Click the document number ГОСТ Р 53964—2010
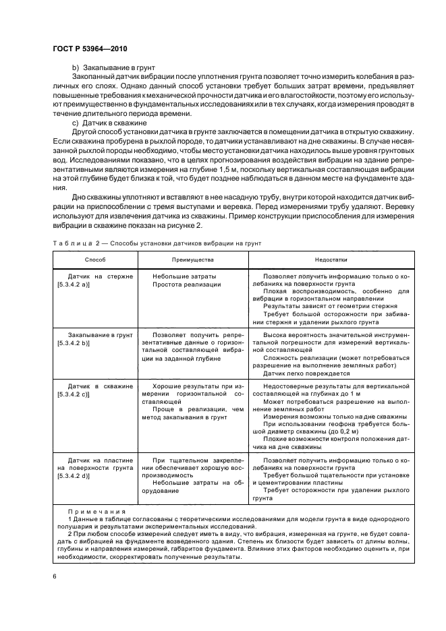[x=90, y=49]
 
